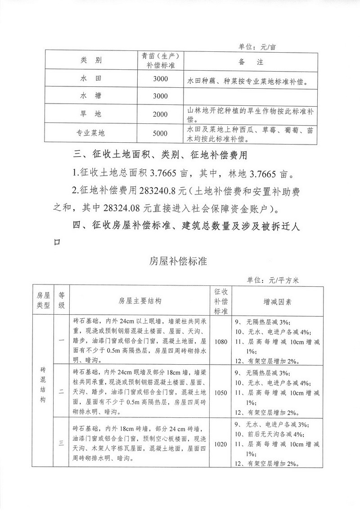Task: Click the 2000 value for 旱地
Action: tap(160, 114)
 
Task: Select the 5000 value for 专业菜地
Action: tap(160, 133)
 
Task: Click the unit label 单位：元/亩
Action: tap(259, 46)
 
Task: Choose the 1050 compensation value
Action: tap(221, 393)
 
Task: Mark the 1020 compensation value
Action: tap(221, 444)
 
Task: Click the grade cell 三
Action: tap(61, 444)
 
